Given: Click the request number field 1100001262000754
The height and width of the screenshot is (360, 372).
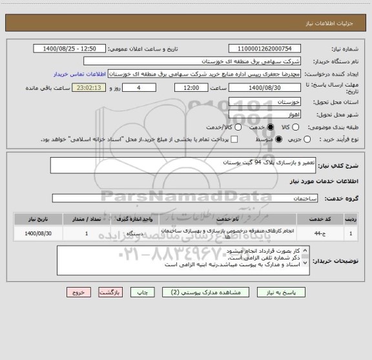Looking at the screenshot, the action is [x=265, y=48].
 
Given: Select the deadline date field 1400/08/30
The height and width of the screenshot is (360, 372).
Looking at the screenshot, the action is [x=265, y=88].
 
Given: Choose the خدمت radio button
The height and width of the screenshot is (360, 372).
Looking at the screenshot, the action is [x=220, y=127].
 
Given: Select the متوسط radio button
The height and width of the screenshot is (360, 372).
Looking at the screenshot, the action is [x=278, y=139].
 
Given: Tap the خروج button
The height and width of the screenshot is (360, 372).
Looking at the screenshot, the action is [x=79, y=293].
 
